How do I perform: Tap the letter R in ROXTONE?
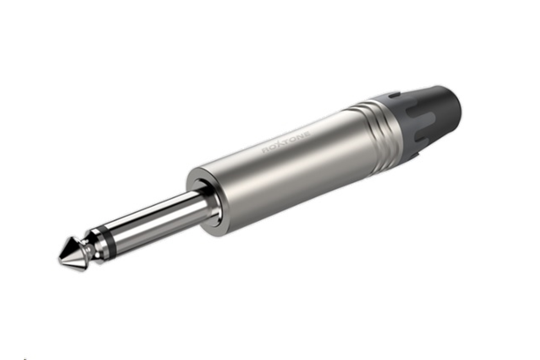pos(265,150)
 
